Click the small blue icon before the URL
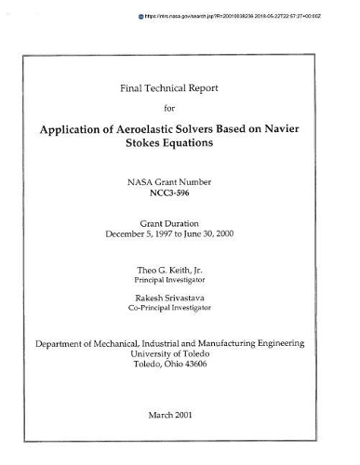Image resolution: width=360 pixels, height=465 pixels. click(141, 16)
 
